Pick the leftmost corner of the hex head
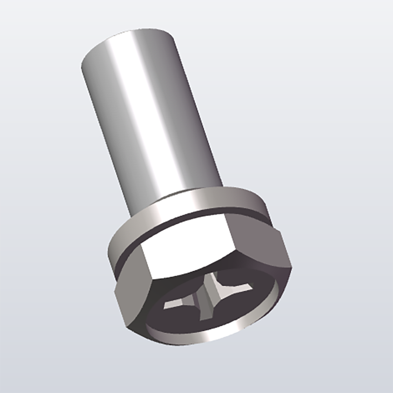[115, 293]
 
